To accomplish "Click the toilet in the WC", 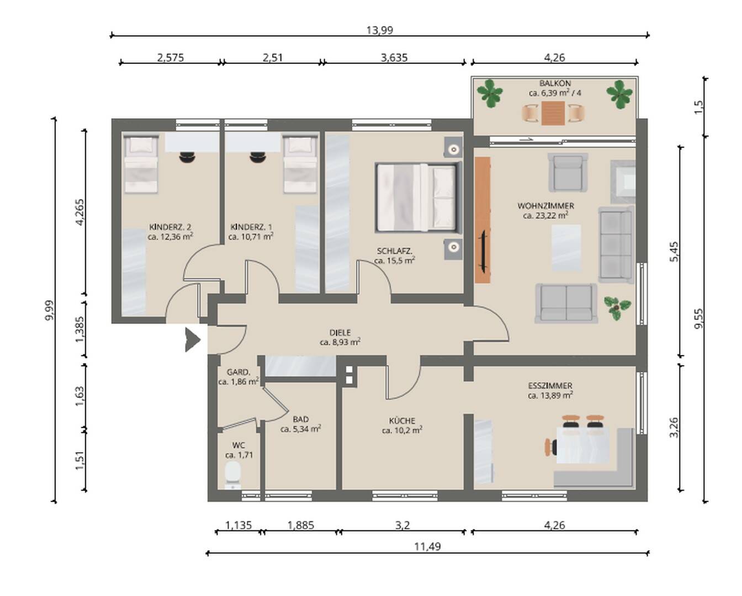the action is [x=233, y=475].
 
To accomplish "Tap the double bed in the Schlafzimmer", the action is [x=418, y=197].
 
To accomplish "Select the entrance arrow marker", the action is [x=192, y=339].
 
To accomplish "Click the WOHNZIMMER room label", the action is [x=545, y=206].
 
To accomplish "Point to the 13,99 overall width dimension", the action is [x=379, y=30].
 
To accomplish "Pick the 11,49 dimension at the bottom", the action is [x=427, y=547].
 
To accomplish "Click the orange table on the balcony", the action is [x=553, y=113].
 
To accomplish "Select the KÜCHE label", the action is [x=402, y=421].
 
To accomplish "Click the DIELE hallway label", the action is [x=340, y=333].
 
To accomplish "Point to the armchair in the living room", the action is [x=568, y=172].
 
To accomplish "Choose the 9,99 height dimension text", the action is [x=50, y=310].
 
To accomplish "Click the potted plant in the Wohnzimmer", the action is [x=617, y=308].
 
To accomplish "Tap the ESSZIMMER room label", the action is [x=550, y=386].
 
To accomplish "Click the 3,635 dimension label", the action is [x=394, y=57].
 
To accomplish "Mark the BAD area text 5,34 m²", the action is [x=301, y=429].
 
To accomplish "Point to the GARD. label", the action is [x=239, y=372].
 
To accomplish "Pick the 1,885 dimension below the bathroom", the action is [x=301, y=525].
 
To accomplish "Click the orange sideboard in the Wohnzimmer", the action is [x=483, y=220].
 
